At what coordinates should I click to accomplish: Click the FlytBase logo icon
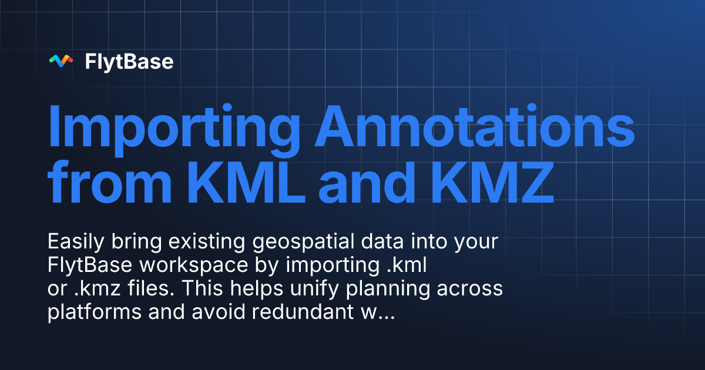(61, 60)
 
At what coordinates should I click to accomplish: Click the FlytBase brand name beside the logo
(129, 61)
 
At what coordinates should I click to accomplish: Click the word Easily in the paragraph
(73, 242)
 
